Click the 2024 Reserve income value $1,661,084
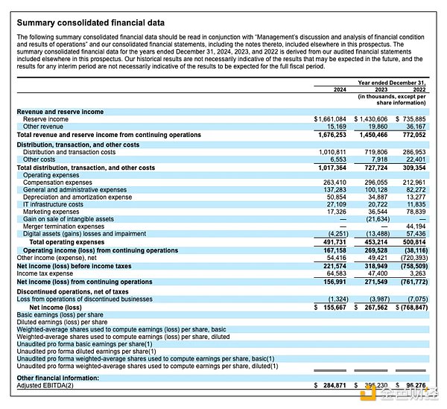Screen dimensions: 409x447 330,119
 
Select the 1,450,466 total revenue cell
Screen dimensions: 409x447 370,135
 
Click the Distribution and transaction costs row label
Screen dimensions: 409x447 69,152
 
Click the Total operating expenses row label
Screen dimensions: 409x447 66,243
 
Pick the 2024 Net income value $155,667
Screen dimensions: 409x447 330,307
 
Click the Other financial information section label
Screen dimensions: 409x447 59,378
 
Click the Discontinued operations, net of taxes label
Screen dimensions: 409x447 72,290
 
